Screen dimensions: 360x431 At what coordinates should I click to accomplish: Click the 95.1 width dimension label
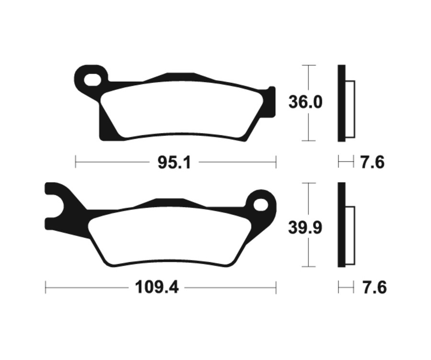tap(174, 163)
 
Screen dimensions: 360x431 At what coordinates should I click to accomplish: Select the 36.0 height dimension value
tap(306, 102)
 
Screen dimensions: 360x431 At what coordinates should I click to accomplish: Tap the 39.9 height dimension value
tap(305, 228)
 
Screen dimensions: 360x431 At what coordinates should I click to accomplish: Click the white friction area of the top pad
tap(182, 110)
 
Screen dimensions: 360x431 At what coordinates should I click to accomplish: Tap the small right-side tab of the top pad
tap(272, 101)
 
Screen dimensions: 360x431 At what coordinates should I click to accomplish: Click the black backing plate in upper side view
tap(341, 103)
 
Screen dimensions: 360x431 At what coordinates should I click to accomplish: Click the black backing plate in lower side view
tap(341, 225)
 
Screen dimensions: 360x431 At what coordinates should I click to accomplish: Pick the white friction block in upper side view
tap(350, 109)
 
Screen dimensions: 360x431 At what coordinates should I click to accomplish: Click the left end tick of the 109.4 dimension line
tap(45, 288)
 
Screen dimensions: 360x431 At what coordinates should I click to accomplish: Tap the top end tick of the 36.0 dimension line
tap(309, 65)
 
